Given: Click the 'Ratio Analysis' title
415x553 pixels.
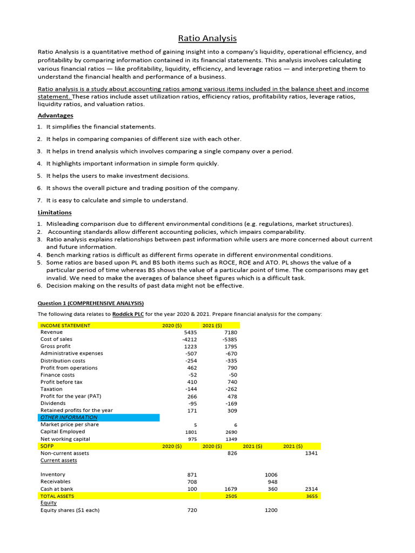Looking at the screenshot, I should point(207,38).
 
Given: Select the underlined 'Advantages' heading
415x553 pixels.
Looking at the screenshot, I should point(55,116).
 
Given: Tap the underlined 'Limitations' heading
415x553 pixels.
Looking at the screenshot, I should point(55,213).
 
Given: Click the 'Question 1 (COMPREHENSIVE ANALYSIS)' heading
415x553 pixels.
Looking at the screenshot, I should point(90,303).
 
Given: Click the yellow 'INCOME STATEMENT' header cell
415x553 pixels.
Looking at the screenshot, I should point(65,326).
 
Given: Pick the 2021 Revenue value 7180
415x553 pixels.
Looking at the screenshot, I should point(231,333).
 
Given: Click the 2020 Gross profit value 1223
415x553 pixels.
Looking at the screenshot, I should point(191,347).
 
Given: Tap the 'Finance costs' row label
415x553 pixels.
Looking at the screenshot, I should point(57,375).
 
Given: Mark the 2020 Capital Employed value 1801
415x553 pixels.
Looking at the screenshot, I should point(191,432).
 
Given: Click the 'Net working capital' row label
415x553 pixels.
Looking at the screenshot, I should point(65,439).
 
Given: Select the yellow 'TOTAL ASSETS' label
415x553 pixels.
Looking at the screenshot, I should point(57,496).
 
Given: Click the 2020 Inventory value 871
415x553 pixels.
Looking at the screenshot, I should point(192,475).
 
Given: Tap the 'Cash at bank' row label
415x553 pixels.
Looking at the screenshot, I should point(56,489).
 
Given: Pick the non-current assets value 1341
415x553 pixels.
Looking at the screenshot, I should point(311,454).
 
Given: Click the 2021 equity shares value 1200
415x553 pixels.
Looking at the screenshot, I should point(271,510).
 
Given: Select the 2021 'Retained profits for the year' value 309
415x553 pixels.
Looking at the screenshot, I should point(232,410).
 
